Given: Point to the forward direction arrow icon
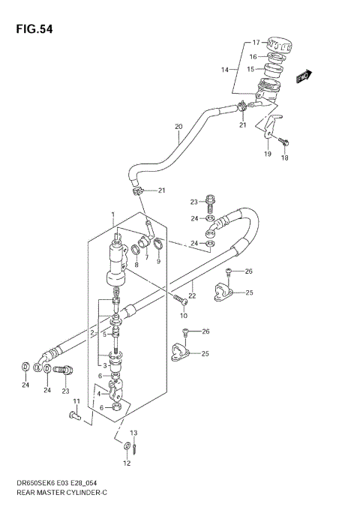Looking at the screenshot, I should pyautogui.click(x=303, y=75).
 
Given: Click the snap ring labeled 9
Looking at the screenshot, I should pyautogui.click(x=159, y=244).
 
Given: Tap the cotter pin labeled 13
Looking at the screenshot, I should pyautogui.click(x=133, y=448).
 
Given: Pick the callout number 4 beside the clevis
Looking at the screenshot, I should pyautogui.click(x=97, y=392).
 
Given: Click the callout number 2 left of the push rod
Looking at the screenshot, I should pyautogui.click(x=91, y=332).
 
